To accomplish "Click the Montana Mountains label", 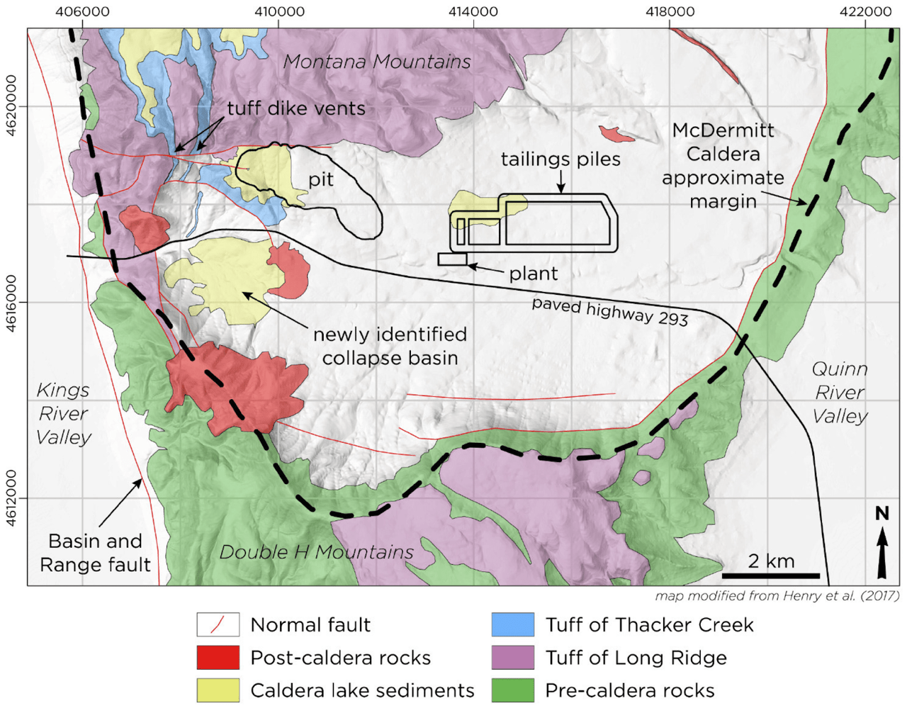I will [x=377, y=62].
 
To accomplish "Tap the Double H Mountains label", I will [x=317, y=552].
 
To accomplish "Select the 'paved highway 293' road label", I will [x=610, y=312].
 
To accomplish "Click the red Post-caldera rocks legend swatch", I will [x=218, y=658].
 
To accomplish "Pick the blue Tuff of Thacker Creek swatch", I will [x=512, y=625].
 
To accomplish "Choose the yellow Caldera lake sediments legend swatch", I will [x=218, y=690].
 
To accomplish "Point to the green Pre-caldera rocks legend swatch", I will [x=512, y=690].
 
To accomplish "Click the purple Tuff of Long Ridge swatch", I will [x=512, y=658].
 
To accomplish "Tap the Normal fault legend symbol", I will [x=218, y=625].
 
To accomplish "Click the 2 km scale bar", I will [x=771, y=575].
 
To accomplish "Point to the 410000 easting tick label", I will [x=278, y=12].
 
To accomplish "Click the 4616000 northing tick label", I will [x=12, y=303].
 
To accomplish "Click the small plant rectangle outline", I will [x=452, y=259].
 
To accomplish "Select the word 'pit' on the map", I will [x=320, y=179].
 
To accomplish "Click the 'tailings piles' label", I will [x=560, y=159].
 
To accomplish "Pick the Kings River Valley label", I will [x=64, y=413].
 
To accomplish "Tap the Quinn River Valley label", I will [x=840, y=392].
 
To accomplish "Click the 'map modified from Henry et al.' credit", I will [x=777, y=596].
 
